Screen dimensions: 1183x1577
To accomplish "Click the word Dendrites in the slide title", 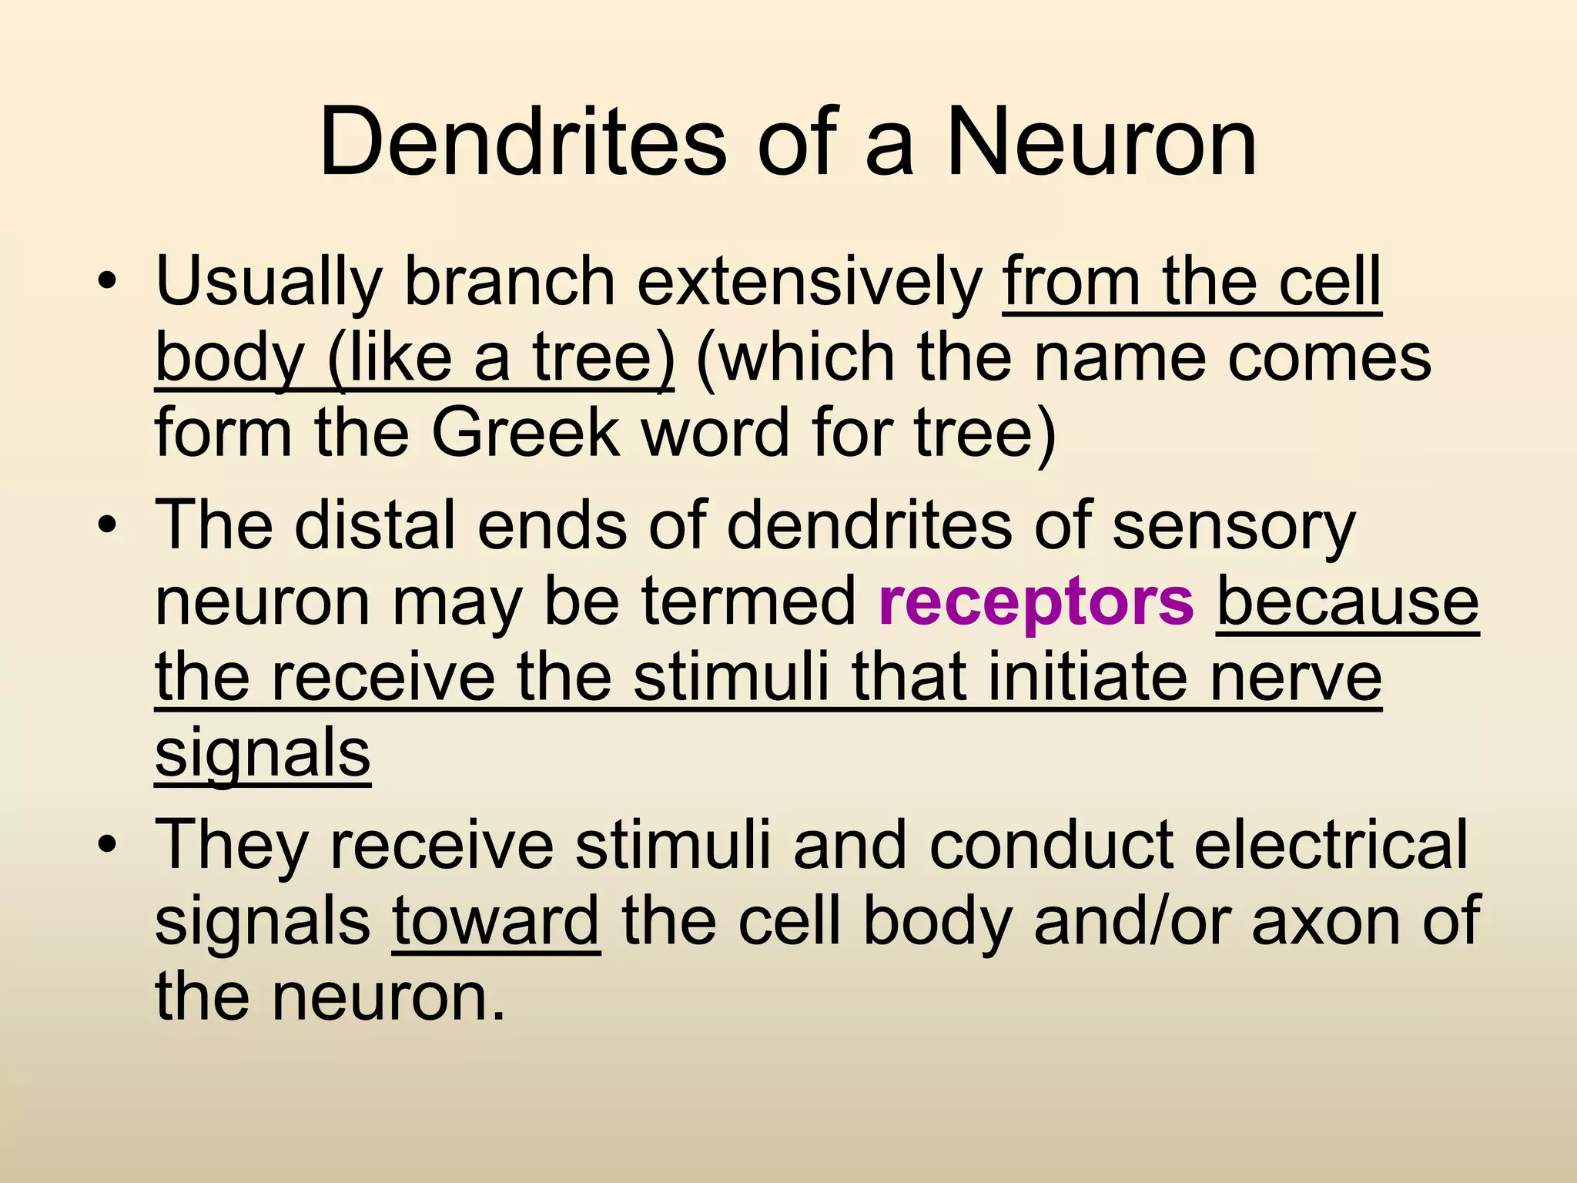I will coord(522,143).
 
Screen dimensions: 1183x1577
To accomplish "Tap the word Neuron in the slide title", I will coord(1101,143).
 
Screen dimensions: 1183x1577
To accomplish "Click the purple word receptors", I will coord(1036,602).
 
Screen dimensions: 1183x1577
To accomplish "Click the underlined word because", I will coord(1348,602).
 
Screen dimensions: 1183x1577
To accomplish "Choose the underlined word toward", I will coord(496,921).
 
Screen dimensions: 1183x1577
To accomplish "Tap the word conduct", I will coord(1051,846).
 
